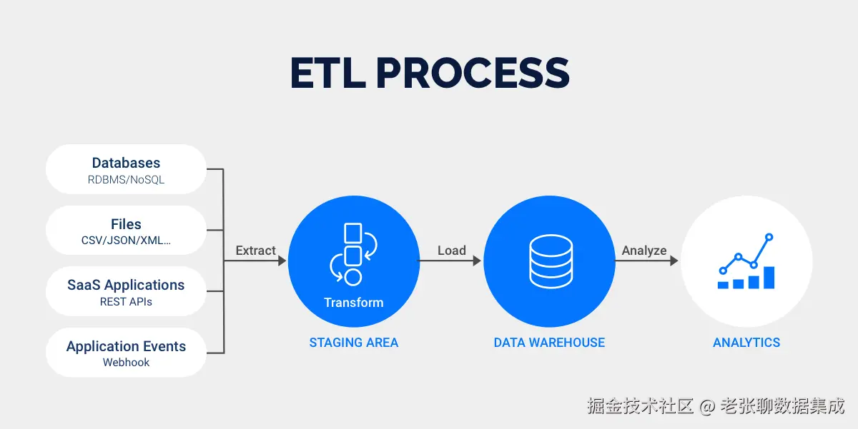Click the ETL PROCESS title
[430, 73]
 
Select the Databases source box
[126, 169]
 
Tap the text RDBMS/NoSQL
[126, 180]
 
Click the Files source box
[126, 230]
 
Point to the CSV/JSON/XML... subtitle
[126, 241]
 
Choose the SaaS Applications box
[126, 291]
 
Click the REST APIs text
[126, 302]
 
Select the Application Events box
[126, 353]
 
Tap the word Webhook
[126, 363]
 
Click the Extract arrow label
[255, 251]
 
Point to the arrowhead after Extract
[282, 261]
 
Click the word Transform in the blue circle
[353, 303]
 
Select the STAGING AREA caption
[353, 343]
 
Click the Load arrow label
[452, 251]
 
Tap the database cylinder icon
[551, 261]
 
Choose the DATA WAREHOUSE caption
[549, 343]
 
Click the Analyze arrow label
[644, 251]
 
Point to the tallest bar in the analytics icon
[769, 278]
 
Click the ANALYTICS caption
[746, 343]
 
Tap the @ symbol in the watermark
[707, 406]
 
